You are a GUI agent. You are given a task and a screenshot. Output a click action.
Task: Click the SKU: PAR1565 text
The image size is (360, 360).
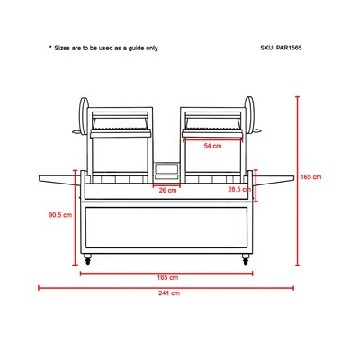click(281, 48)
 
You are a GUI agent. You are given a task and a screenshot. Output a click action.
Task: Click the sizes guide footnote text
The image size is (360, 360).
click(103, 48)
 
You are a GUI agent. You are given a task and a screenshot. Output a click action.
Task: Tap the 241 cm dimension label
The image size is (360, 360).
click(169, 293)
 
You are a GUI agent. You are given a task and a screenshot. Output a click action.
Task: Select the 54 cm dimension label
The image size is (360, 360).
click(212, 146)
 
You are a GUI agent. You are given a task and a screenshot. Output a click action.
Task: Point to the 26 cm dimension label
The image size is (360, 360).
click(167, 190)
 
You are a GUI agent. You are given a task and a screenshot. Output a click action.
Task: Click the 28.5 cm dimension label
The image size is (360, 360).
click(239, 190)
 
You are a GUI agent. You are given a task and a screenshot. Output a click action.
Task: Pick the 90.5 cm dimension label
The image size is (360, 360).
click(60, 215)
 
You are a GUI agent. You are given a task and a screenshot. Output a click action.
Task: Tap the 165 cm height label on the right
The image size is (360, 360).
click(310, 177)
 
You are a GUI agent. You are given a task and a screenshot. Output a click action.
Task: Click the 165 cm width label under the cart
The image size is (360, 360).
click(167, 277)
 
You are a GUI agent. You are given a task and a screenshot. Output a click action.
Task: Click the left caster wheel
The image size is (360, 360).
click(87, 259)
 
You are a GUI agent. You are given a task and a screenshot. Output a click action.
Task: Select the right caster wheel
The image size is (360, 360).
click(246, 259)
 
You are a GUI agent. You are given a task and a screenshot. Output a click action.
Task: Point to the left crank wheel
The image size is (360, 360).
click(84, 116)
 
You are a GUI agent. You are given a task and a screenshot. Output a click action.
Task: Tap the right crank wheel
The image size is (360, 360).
click(249, 116)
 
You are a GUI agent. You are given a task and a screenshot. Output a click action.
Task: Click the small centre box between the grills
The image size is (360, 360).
click(166, 172)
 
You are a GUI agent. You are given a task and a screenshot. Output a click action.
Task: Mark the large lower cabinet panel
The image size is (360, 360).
click(166, 228)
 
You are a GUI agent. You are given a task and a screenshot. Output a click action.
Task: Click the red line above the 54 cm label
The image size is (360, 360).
click(212, 139)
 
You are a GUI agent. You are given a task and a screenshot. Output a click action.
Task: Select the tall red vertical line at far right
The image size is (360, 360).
click(297, 181)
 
